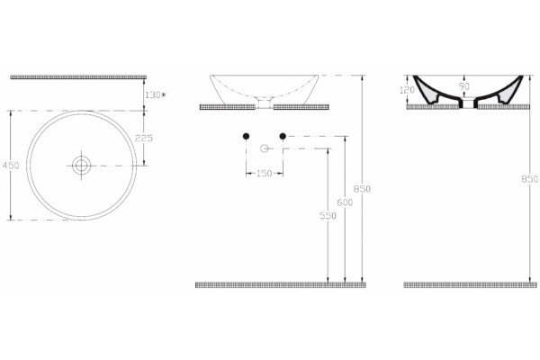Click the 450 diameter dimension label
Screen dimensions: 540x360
11,166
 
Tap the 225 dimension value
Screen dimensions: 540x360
144,138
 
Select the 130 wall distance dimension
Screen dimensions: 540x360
155,94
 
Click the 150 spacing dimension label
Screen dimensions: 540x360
264,174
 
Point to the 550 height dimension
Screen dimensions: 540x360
328,216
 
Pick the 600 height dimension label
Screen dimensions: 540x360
345,202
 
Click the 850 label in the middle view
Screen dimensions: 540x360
362,189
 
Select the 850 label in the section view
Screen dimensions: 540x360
530,179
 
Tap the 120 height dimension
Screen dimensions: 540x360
407,90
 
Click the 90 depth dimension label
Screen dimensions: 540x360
464,86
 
